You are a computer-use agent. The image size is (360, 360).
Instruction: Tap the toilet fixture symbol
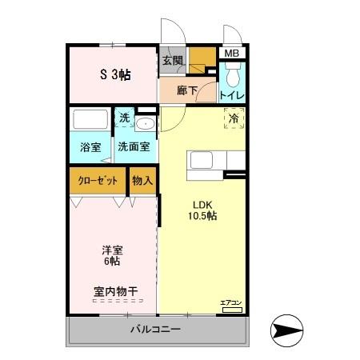pyautogui.click(x=233, y=78)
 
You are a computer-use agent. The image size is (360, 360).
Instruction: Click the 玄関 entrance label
pyautogui.click(x=172, y=60)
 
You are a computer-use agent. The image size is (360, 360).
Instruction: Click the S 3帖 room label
pyautogui.click(x=115, y=75)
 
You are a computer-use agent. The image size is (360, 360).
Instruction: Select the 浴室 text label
pyautogui.click(x=90, y=147)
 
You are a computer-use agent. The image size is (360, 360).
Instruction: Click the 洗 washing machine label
pyautogui.click(x=124, y=118)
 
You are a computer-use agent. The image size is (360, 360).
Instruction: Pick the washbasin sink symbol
pyautogui.click(x=145, y=123)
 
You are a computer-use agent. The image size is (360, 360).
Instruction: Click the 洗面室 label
pyautogui.click(x=134, y=147)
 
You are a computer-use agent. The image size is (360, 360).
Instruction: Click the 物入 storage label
pyautogui.click(x=142, y=181)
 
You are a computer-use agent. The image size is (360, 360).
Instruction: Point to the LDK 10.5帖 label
pyautogui.click(x=202, y=210)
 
